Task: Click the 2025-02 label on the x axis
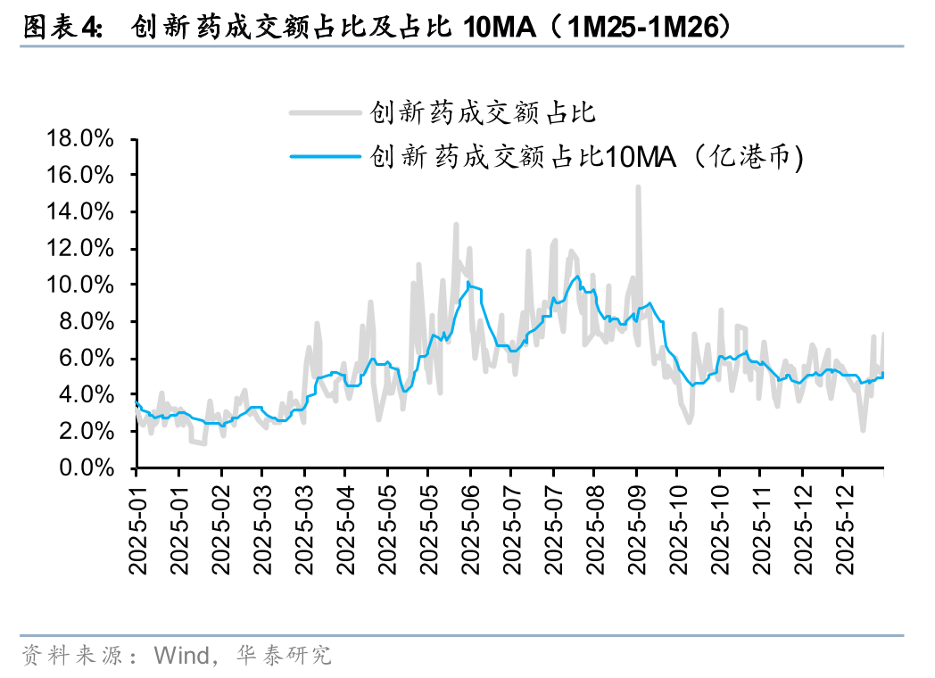220,526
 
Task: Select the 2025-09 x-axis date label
636,526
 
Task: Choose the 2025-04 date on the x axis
345,526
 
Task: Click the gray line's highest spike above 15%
638,186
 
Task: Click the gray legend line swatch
327,112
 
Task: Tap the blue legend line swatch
327,157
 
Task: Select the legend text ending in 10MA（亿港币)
588,157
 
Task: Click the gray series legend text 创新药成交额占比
483,112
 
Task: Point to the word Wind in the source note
180,656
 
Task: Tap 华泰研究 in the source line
284,656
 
